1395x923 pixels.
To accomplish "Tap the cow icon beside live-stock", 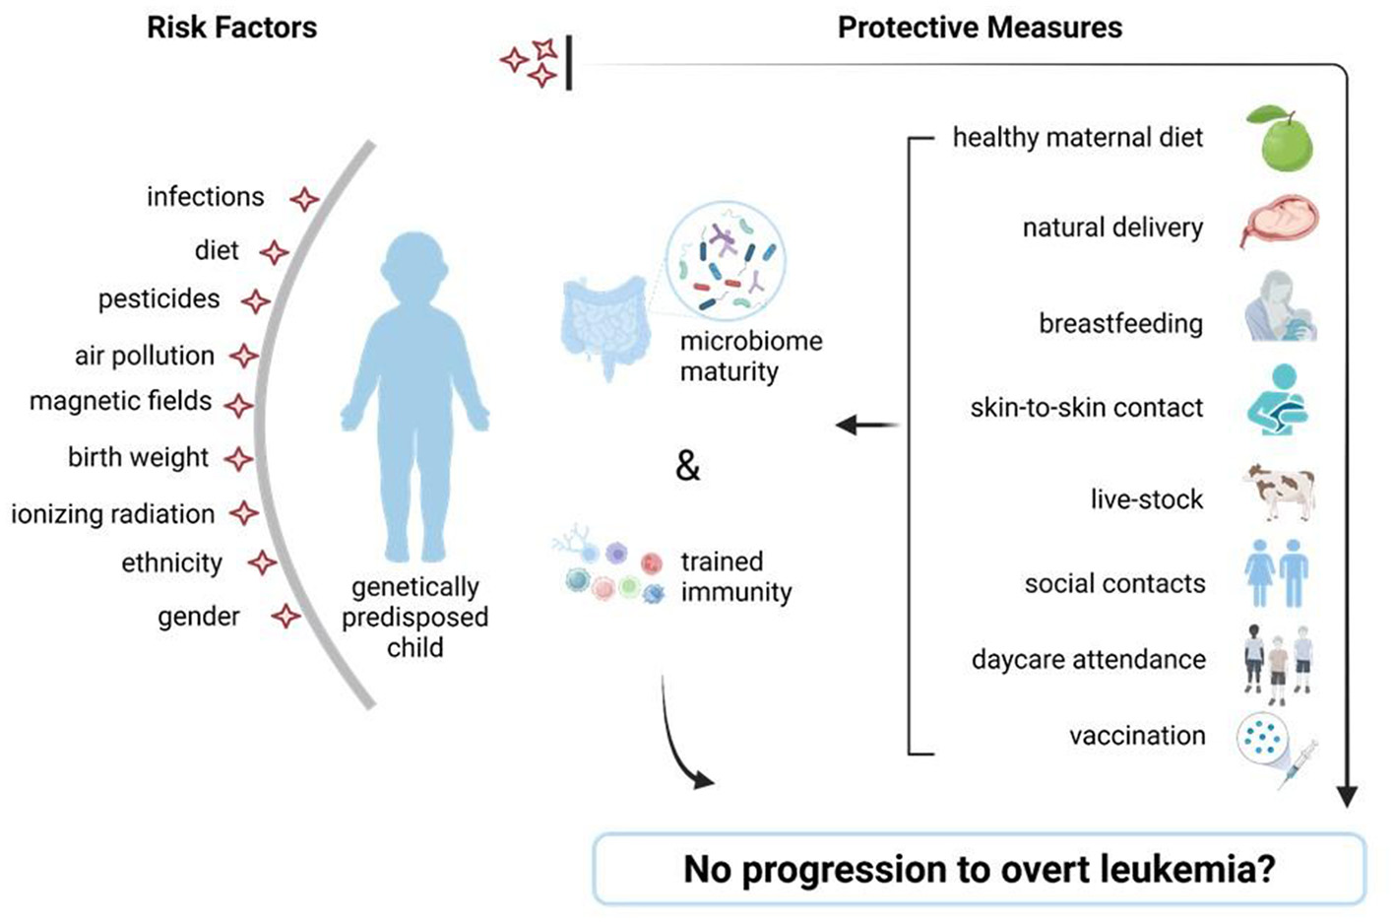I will [x=1279, y=490].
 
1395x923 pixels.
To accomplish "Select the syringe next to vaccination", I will [x=1298, y=764].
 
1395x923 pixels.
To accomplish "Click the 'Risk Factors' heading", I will [x=231, y=28].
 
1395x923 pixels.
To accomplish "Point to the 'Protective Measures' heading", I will [x=979, y=28].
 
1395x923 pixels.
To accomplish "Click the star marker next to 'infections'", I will [x=304, y=199].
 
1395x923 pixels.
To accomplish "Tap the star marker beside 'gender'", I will [x=285, y=617].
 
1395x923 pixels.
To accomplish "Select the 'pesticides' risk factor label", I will [x=159, y=298].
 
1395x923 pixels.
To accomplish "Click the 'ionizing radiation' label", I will [x=112, y=513].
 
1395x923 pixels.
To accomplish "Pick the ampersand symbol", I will [x=687, y=465].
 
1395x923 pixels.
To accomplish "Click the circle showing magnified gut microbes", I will [x=726, y=258].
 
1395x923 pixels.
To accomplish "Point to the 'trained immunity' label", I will [x=734, y=576].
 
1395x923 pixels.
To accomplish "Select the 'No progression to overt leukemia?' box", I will [x=979, y=869].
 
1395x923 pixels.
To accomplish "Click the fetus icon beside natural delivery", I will [x=1279, y=223].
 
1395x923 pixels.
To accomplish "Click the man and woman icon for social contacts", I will [x=1277, y=572].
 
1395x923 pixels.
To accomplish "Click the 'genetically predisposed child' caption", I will [x=414, y=617].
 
